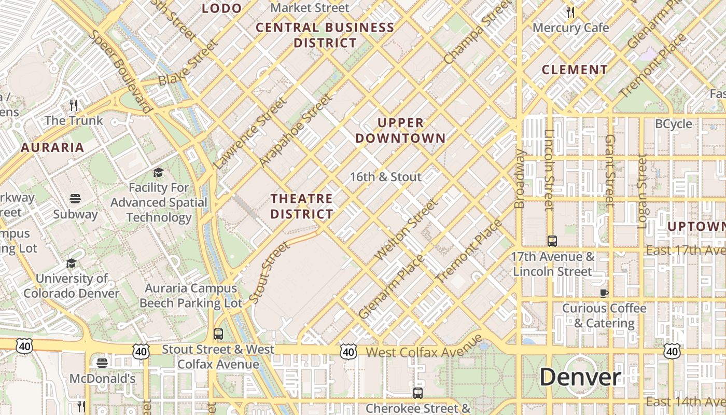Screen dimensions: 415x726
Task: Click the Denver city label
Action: click(x=580, y=378)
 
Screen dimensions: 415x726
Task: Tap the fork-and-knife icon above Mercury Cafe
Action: click(x=570, y=12)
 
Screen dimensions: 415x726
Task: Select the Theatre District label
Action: click(x=302, y=206)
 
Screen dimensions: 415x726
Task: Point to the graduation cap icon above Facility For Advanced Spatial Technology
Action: click(x=158, y=172)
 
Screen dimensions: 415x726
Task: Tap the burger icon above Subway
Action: click(x=75, y=199)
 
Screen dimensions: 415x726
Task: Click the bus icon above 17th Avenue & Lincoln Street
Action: click(x=552, y=241)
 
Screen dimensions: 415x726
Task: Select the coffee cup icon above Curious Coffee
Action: click(x=604, y=293)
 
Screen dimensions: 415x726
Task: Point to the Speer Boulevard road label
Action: click(x=120, y=71)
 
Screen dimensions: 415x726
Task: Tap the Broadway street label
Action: click(x=520, y=179)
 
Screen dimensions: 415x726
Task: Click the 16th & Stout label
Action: click(x=385, y=177)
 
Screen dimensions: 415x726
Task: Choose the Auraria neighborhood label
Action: click(x=52, y=147)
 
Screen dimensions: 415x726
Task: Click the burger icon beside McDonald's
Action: click(x=102, y=363)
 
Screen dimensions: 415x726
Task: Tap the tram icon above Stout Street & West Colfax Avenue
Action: click(x=218, y=334)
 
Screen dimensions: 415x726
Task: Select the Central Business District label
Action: click(x=325, y=35)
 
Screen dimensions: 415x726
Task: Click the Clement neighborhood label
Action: click(x=575, y=70)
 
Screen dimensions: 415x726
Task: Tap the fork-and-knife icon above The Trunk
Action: click(x=74, y=105)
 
